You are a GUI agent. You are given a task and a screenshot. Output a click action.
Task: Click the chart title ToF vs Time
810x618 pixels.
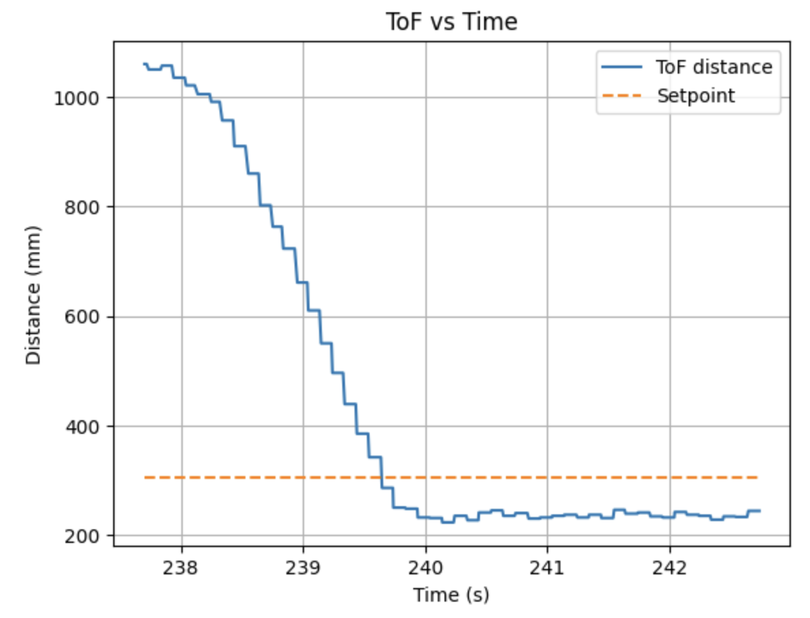tap(451, 22)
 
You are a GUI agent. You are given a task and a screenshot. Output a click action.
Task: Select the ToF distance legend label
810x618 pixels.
tap(714, 68)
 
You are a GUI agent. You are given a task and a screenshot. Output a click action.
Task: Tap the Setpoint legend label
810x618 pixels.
tap(695, 96)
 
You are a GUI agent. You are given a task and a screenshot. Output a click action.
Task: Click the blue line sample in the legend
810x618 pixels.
tap(622, 68)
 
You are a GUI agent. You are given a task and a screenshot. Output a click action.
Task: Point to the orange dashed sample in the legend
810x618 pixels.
tap(622, 96)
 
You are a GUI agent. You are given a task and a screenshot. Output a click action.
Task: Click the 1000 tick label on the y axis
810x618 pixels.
tap(78, 98)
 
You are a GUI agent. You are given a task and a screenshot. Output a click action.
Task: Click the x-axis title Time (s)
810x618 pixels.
tap(451, 595)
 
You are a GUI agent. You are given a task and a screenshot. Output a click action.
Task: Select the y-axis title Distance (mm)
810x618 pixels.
tap(33, 295)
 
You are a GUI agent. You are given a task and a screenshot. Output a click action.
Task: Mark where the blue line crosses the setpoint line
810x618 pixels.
tap(381, 477)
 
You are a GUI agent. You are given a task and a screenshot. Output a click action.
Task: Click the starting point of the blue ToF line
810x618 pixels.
tap(144, 64)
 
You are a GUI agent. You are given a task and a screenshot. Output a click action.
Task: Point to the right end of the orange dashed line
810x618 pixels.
tap(758, 477)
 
